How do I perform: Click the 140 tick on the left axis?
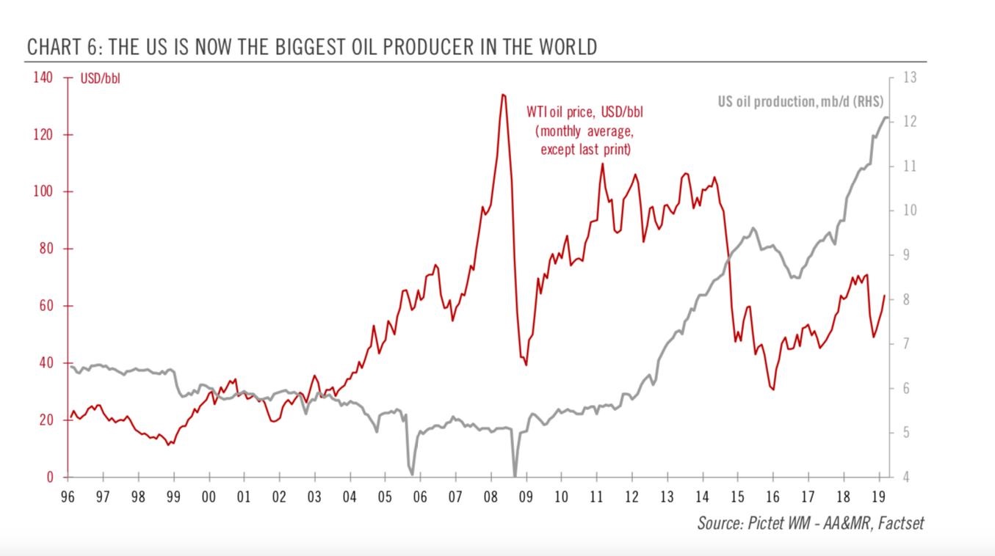tap(44, 78)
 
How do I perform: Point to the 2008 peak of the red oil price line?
tap(503, 95)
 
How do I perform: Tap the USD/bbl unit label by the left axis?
tap(101, 79)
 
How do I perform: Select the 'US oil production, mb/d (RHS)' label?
tap(800, 102)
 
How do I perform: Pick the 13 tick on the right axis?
tap(906, 78)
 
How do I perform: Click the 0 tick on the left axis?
tap(50, 478)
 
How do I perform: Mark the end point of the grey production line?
tap(888, 117)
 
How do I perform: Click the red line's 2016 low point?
tap(773, 389)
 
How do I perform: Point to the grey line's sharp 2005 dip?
tap(412, 474)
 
